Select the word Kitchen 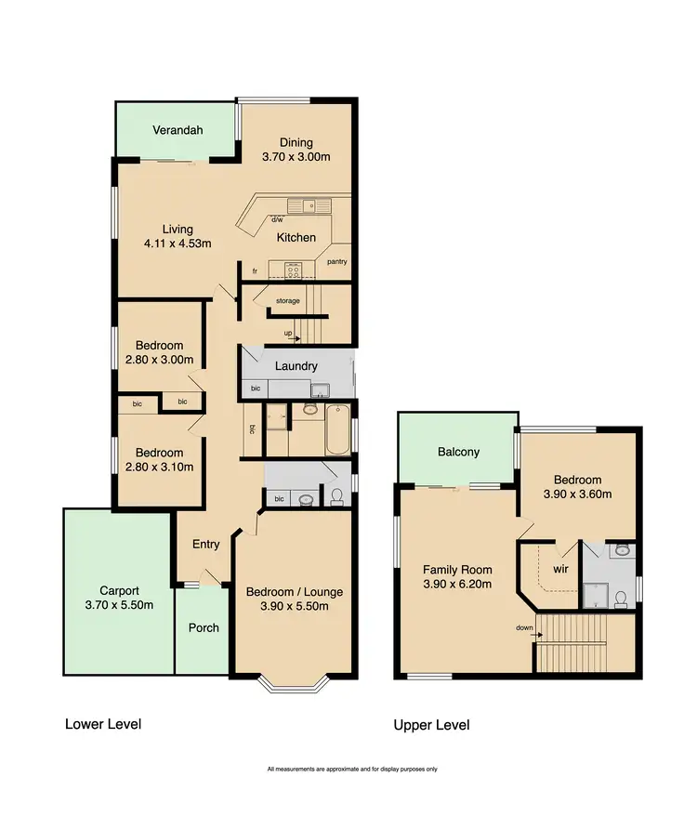click(296, 237)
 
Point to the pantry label click(337, 262)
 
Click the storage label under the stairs click(287, 301)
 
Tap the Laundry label click(296, 366)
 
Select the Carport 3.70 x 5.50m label click(118, 598)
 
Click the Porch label click(204, 627)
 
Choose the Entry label click(205, 544)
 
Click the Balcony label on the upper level click(458, 452)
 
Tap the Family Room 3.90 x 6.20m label click(457, 577)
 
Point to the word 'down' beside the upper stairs click(525, 627)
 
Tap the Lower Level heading click(102, 723)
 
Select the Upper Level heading click(431, 725)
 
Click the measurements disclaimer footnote click(352, 769)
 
